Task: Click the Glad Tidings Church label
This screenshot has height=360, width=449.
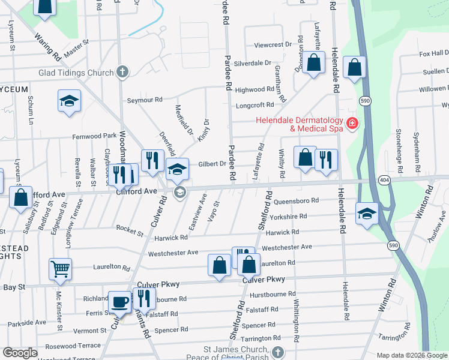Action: tap(76, 73)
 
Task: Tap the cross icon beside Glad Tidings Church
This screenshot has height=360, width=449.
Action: tap(122, 73)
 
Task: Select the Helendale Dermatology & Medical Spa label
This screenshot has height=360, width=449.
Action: tap(299, 124)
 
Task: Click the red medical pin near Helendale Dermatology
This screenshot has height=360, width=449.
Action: tap(352, 125)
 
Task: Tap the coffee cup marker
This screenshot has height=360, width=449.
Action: tap(120, 302)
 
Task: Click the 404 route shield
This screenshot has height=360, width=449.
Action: tap(384, 179)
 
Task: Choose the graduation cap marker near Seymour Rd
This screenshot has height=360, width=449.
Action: tap(70, 101)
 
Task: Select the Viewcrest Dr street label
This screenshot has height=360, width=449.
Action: tap(272, 45)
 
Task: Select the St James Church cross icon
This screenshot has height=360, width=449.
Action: tap(277, 350)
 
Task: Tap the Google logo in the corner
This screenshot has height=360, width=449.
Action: tap(20, 353)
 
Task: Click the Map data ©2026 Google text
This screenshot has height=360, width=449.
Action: tap(412, 355)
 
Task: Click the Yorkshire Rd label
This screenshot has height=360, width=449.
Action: tap(289, 216)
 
